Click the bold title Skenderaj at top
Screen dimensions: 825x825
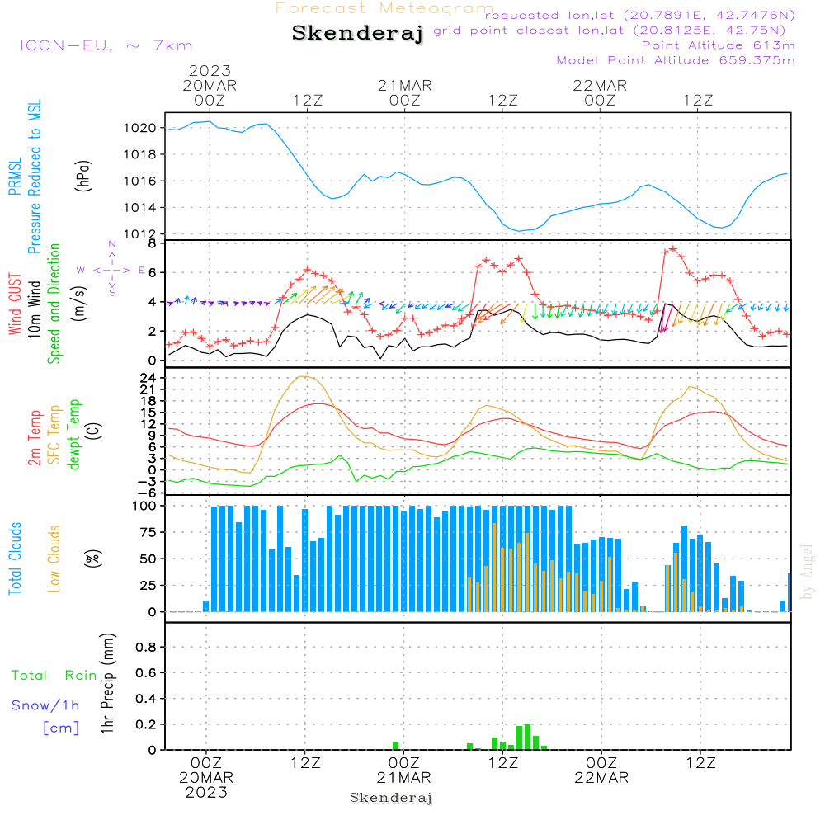357,34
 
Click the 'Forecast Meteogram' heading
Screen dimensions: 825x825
384,8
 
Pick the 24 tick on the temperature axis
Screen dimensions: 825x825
148,378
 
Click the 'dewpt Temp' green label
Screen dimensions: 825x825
74,435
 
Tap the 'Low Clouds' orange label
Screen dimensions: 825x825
54,558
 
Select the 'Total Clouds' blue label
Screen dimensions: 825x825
15,558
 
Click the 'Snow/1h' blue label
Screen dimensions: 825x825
46,705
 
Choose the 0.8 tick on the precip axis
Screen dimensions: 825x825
146,648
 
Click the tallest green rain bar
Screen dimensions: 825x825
527,737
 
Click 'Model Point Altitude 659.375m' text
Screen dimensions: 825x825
676,60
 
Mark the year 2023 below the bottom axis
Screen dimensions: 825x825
206,793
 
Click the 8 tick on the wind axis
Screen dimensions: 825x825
152,243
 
